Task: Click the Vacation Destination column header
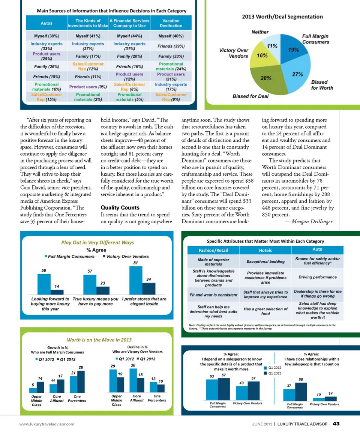171,23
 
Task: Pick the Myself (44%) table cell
129,36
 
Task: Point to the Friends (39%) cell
171,46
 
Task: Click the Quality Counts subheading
120,207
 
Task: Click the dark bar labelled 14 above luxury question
57,292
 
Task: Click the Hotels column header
265,250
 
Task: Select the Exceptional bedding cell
265,261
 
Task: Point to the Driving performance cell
318,277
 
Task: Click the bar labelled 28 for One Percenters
81,381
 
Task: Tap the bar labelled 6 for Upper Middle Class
33,389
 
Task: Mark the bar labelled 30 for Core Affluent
133,380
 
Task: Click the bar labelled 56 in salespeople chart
300,391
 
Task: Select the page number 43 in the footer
336,424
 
